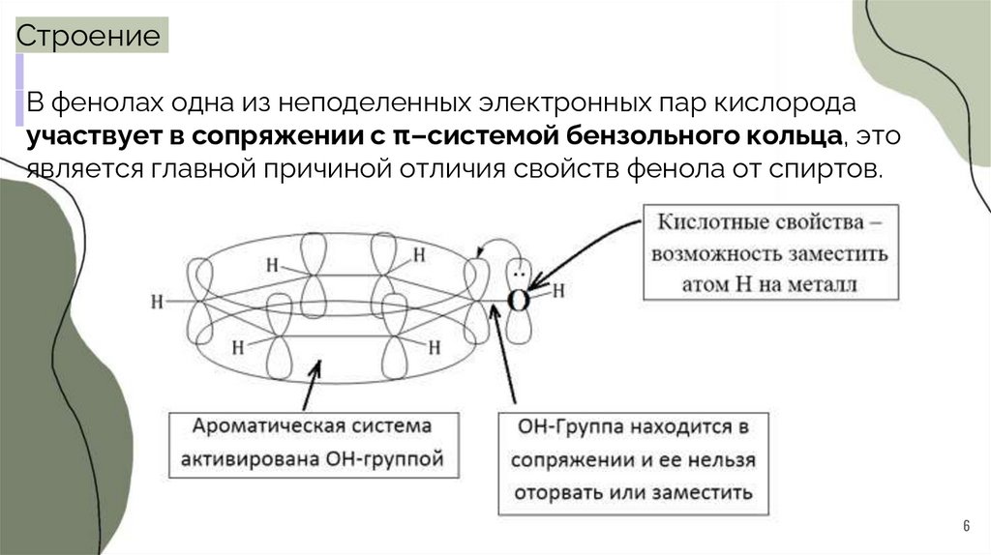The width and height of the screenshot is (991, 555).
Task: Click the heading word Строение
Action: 90,37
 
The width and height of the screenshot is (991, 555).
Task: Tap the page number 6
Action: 965,525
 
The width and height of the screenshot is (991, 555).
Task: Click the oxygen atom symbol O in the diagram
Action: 519,300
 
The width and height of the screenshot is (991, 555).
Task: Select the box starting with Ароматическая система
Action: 311,443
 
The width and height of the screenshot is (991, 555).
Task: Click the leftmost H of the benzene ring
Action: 157,301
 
